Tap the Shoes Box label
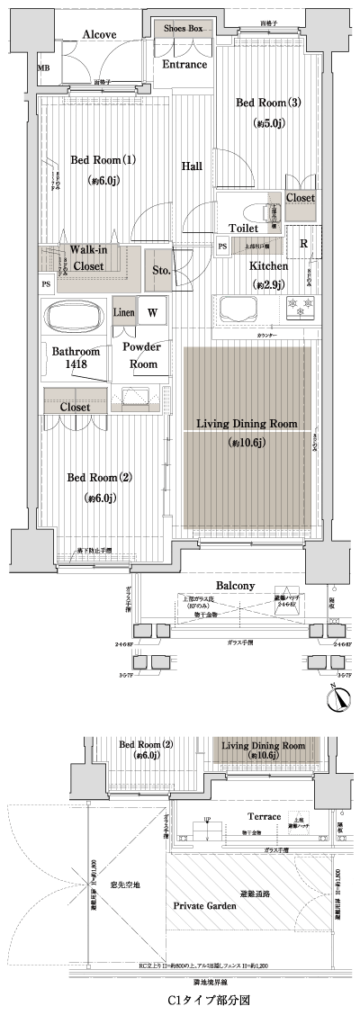pos(182,29)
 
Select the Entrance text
pos(184,65)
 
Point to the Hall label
pos(192,166)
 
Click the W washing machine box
pos(153,313)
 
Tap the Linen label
pos(124,313)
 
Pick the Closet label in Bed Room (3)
pos(300,197)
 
